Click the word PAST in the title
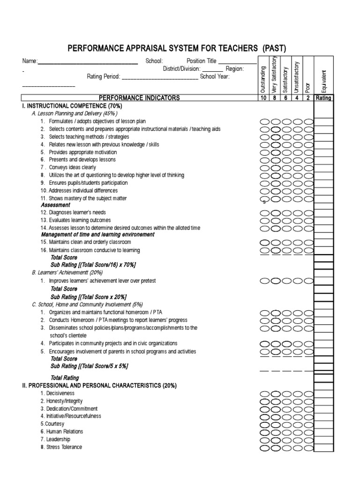click(274, 48)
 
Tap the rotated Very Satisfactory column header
click(274, 75)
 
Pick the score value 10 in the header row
click(262, 98)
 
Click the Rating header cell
click(323, 98)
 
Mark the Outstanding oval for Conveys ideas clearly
click(264, 167)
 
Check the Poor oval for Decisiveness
click(308, 393)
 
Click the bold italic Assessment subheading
click(55, 205)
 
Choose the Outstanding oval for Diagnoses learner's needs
click(264, 212)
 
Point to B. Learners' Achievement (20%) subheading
click(67, 272)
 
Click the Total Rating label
click(65, 378)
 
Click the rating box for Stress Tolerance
click(323, 447)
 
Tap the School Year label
click(215, 77)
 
